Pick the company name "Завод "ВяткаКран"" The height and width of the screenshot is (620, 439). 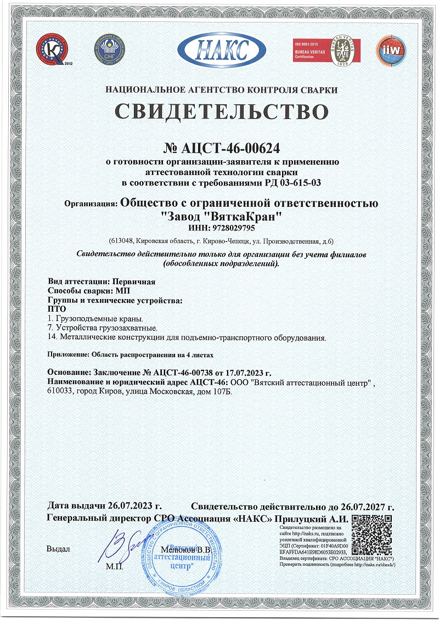tap(223, 216)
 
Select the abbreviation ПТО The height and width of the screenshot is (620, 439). tap(57, 309)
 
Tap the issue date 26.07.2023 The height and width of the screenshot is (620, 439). tap(130, 505)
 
